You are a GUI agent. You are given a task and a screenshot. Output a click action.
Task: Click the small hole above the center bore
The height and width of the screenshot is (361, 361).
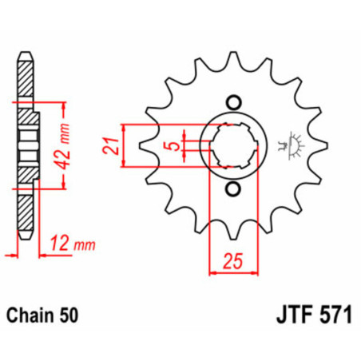pyautogui.click(x=233, y=103)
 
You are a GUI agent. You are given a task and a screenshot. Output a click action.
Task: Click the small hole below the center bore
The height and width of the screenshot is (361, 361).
pyautogui.click(x=233, y=188)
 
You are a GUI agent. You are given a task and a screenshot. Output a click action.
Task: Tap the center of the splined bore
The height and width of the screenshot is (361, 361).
pyautogui.click(x=233, y=145)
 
